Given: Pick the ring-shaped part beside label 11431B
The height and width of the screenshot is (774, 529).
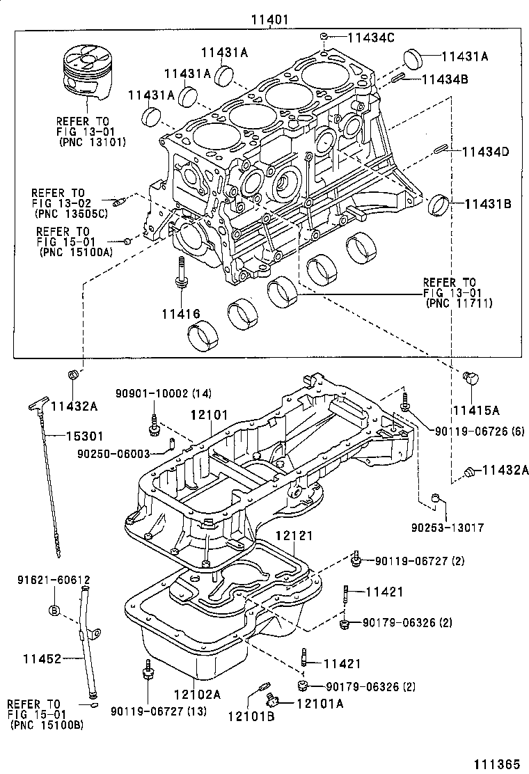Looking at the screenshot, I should click(x=441, y=203).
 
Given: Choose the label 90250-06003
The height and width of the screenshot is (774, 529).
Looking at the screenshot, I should click(x=113, y=453).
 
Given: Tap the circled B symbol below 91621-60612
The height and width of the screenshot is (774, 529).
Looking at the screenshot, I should click(x=54, y=610).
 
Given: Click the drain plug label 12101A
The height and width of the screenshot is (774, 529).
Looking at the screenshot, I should click(x=320, y=704).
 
